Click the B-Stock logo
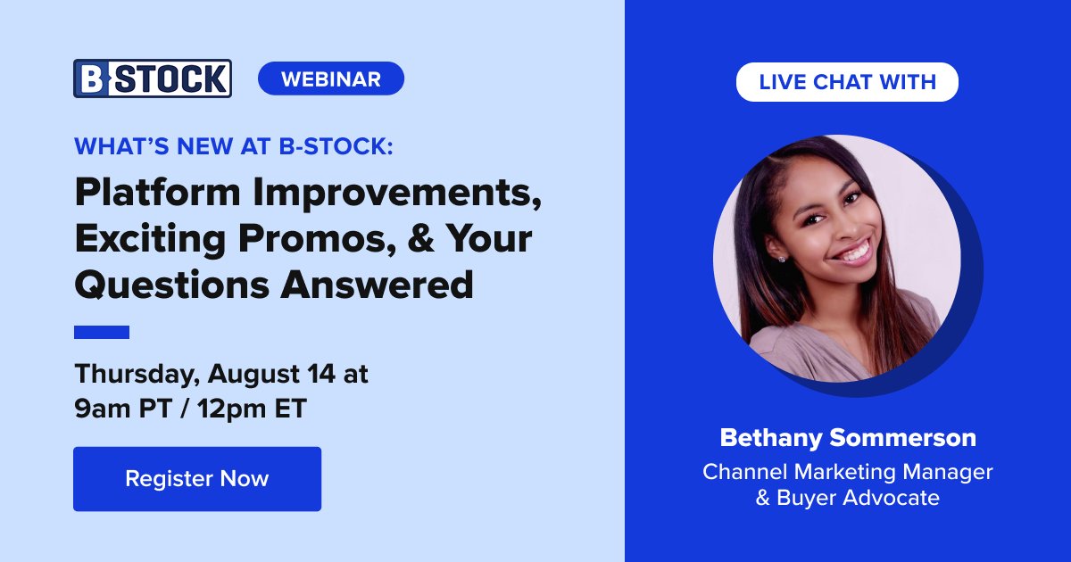pyautogui.click(x=153, y=79)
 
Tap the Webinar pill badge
pyautogui.click(x=330, y=79)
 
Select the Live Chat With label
pyautogui.click(x=847, y=82)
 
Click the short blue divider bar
pyautogui.click(x=101, y=332)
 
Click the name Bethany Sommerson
pyautogui.click(x=847, y=438)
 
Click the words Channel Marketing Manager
pyautogui.click(x=847, y=471)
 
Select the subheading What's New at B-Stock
pyautogui.click(x=233, y=146)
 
